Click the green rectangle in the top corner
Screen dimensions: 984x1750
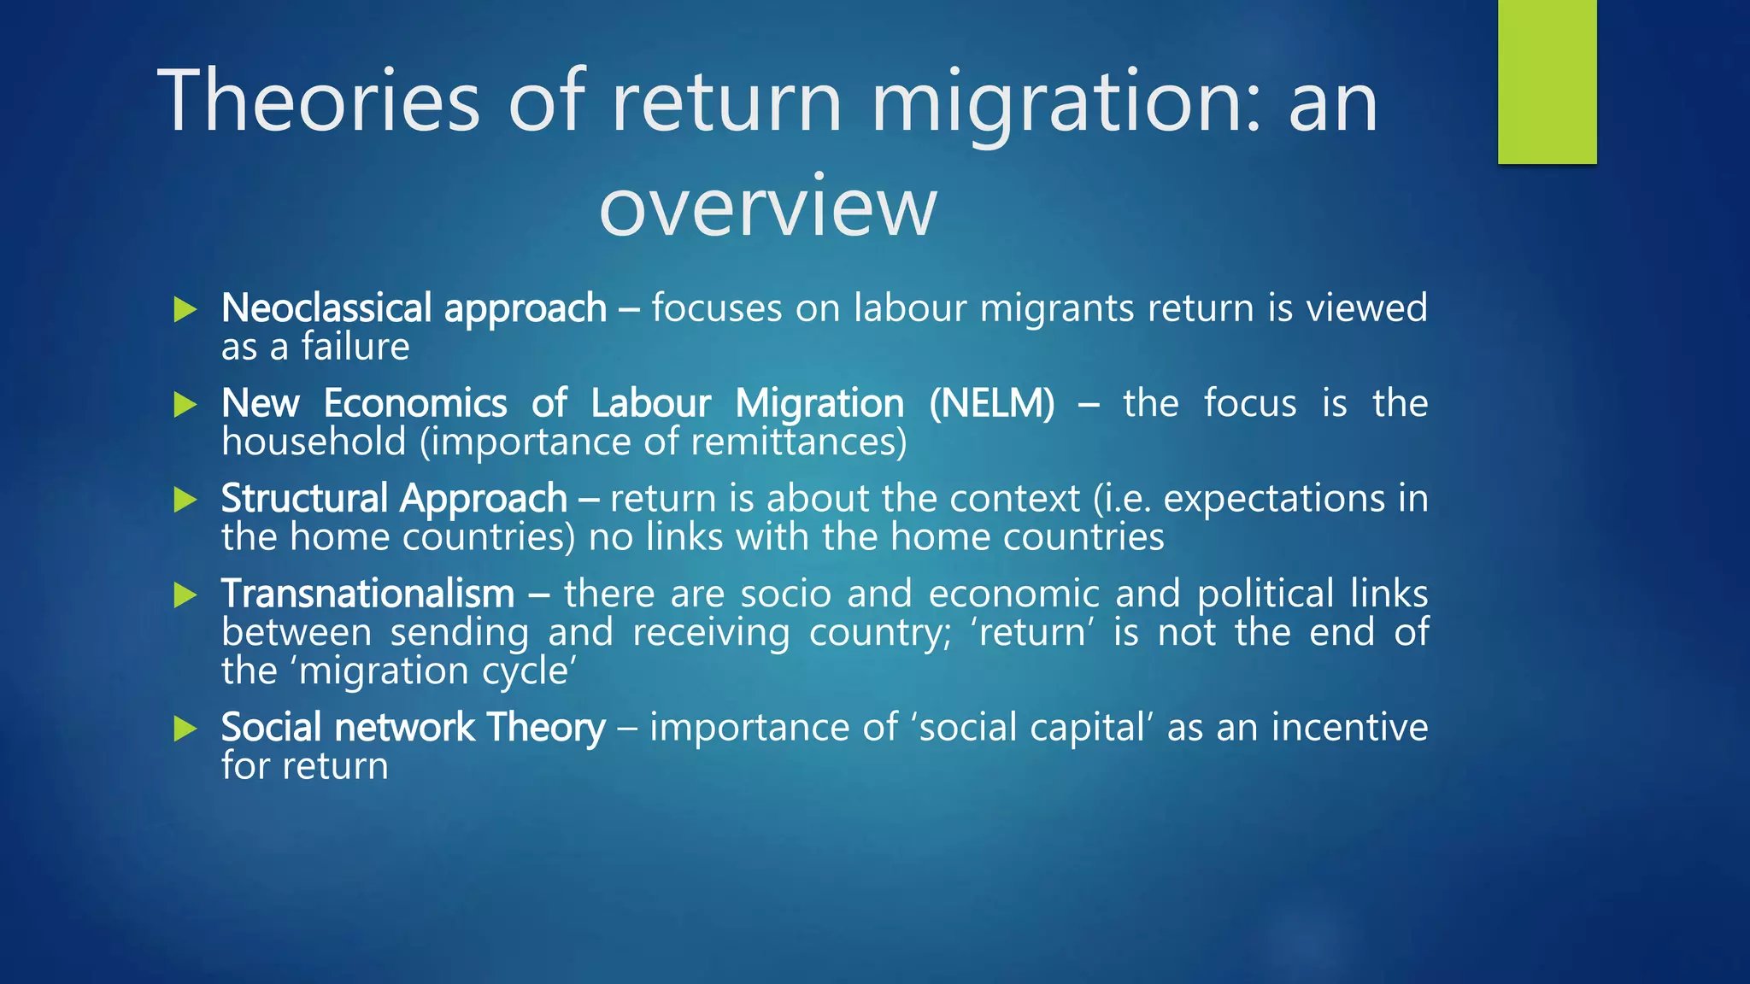1547,81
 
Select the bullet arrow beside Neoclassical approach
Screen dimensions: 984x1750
185,309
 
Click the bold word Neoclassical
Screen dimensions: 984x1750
326,308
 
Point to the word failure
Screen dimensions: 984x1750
355,347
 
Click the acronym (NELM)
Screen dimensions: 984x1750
992,403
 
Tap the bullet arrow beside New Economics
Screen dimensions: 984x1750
185,404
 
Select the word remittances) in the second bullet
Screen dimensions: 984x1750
798,442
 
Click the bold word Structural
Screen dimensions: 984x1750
304,499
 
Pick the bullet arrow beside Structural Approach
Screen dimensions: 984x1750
185,500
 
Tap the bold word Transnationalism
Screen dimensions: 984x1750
367,594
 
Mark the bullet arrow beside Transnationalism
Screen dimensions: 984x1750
185,594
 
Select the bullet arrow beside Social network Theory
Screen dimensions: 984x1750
185,729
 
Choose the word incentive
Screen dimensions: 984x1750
1349,728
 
